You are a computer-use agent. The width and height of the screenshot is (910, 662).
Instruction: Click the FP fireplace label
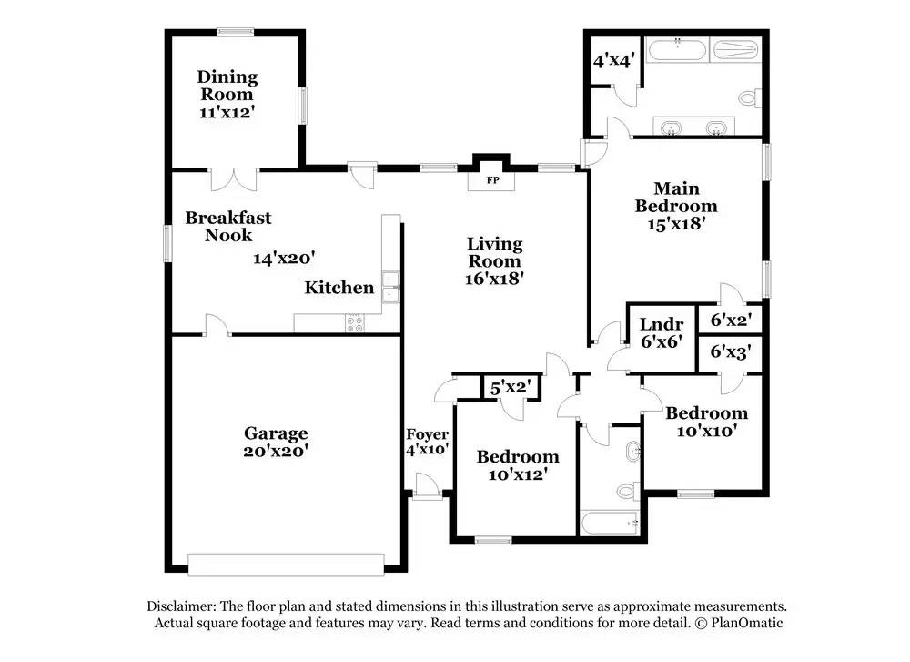492,180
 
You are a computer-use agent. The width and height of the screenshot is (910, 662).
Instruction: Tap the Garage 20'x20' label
276,442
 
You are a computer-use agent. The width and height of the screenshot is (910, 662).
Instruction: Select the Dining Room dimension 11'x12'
227,112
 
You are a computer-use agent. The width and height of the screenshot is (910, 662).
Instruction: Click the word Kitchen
339,288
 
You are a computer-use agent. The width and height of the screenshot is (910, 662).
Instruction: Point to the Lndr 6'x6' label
662,332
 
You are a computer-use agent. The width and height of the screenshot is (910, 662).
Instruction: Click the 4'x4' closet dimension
614,60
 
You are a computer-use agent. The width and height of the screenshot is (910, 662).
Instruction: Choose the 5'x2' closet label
511,387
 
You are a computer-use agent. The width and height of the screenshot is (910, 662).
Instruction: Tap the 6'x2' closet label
732,320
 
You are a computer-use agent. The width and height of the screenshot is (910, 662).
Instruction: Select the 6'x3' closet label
732,351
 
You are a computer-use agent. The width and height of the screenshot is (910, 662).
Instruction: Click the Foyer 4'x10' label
427,442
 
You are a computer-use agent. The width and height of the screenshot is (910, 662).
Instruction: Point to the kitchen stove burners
355,323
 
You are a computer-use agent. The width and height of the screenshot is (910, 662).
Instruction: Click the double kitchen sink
390,288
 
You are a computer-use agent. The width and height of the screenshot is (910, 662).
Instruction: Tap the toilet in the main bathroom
749,97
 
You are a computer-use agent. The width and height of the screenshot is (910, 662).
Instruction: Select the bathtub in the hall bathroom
610,524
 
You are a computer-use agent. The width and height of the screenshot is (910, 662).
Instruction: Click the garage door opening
286,565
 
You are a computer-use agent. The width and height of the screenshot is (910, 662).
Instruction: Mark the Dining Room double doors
233,179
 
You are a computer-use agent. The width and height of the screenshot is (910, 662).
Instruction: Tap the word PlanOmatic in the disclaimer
747,623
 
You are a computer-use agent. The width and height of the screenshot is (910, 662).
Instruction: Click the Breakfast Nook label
228,227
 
